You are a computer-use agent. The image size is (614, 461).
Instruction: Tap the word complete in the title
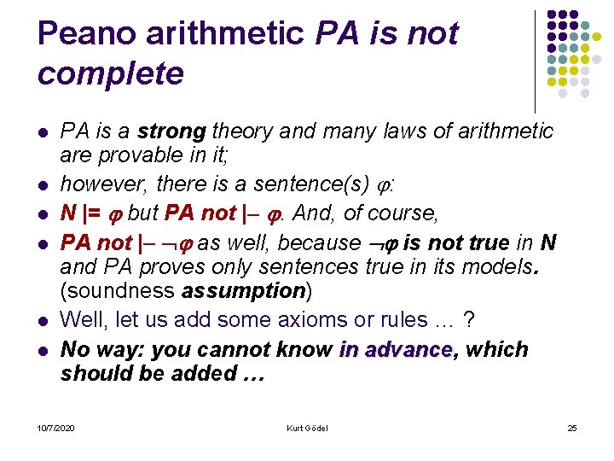click(111, 73)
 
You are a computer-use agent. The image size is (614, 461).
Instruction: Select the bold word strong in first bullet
click(171, 131)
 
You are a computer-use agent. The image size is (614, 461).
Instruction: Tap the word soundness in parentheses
click(117, 291)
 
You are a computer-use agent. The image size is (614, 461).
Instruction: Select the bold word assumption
click(243, 291)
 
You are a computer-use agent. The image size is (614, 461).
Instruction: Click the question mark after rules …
click(468, 320)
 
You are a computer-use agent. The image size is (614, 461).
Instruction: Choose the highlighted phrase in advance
click(395, 350)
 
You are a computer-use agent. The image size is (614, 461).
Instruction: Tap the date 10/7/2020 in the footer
click(55, 427)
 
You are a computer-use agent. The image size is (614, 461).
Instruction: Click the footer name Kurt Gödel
click(307, 427)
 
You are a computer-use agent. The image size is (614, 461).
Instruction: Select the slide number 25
click(571, 427)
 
